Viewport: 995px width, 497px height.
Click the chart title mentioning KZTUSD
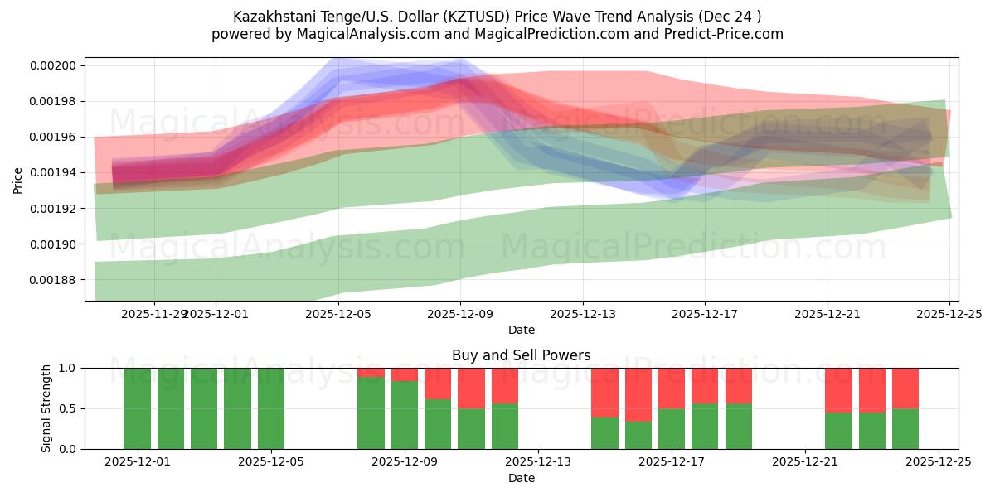(497, 16)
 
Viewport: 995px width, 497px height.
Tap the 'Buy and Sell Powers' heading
(521, 355)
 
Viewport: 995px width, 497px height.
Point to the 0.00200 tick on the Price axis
(57, 65)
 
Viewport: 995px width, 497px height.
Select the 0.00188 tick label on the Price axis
(57, 280)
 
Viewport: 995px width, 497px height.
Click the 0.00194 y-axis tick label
(57, 172)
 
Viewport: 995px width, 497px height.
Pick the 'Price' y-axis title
(18, 179)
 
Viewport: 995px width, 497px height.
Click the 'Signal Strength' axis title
(46, 408)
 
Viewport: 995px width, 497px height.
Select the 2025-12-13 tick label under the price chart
(583, 314)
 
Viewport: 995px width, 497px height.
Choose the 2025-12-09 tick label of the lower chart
(405, 462)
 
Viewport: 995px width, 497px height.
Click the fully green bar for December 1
(137, 408)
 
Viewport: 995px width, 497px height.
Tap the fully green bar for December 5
(271, 408)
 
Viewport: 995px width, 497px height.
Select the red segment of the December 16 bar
(638, 395)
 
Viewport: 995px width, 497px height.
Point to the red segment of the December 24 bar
(905, 388)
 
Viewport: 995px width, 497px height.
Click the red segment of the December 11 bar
(471, 388)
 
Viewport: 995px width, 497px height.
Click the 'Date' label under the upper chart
(521, 330)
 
